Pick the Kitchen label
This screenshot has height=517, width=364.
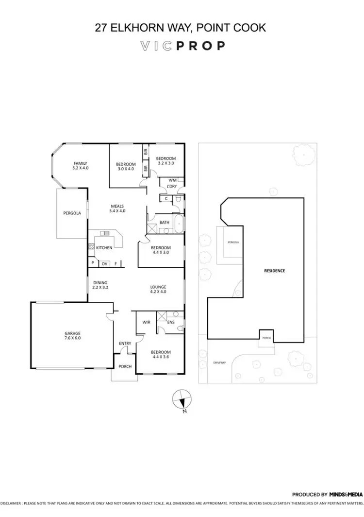point(104,248)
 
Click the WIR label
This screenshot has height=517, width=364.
point(146,322)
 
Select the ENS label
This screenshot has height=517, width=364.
point(171,322)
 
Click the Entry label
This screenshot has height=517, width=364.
point(125,344)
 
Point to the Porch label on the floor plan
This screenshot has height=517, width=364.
point(125,366)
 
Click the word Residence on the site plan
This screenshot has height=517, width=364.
point(274,270)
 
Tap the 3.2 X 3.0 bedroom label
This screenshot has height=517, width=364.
point(165,161)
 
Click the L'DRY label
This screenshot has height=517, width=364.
point(171,186)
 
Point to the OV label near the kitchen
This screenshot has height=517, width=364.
point(104,264)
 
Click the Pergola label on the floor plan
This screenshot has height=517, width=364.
point(72,213)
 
